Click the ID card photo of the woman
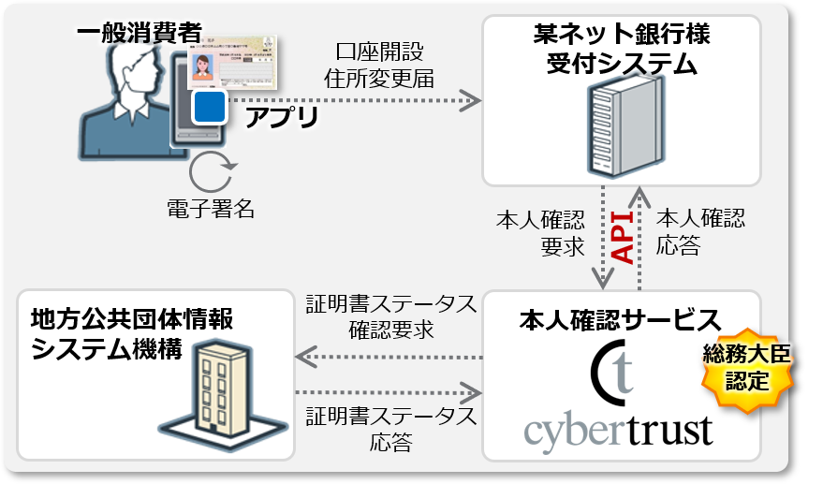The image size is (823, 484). [x=201, y=66]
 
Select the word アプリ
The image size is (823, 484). [x=281, y=117]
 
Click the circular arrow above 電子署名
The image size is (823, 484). [x=211, y=173]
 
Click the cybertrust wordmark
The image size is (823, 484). [x=618, y=430]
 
